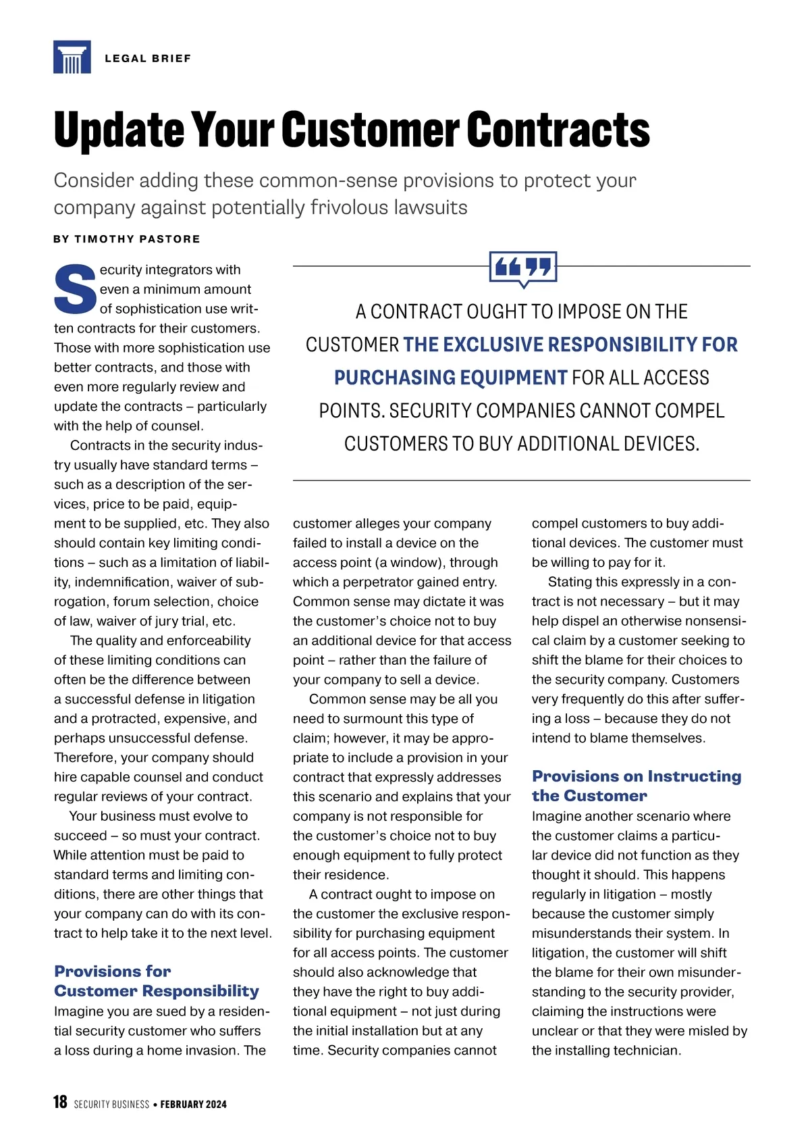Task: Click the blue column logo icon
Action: click(72, 57)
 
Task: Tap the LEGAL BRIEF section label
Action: click(148, 59)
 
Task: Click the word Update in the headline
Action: click(119, 130)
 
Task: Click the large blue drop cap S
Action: click(75, 289)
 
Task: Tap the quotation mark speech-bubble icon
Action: click(523, 268)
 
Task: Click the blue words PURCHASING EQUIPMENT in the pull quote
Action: click(450, 378)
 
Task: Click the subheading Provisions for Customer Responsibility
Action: click(157, 981)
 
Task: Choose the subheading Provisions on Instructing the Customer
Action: click(636, 786)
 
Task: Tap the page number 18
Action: click(60, 1103)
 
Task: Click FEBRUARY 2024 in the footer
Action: click(193, 1105)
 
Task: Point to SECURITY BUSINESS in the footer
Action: click(111, 1105)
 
